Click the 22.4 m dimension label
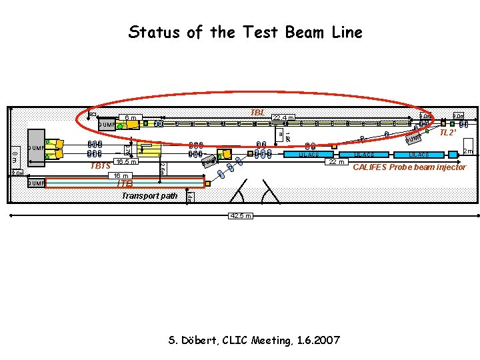coord(283,119)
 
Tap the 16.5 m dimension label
coord(125,162)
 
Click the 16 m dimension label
coord(120,176)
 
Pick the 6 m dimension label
coord(131,119)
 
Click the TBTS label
coord(99,166)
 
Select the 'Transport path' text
coord(149,196)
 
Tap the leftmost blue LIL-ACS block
coord(308,155)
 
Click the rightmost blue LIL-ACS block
coord(418,155)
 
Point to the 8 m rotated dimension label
coord(14,157)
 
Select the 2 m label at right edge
coord(468,152)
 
